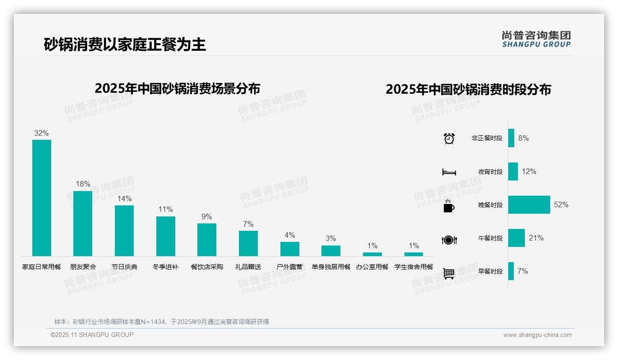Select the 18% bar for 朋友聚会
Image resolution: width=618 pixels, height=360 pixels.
(83, 223)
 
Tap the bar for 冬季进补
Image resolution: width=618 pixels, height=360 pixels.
(166, 236)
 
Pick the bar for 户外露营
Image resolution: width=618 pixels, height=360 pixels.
(290, 249)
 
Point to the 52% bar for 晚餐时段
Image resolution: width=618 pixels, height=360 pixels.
(529, 204)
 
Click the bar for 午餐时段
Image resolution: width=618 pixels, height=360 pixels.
(517, 238)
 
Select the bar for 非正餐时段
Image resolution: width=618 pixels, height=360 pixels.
(511, 138)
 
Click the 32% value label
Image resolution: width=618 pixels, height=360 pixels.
(42, 133)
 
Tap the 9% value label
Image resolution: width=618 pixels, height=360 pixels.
(207, 216)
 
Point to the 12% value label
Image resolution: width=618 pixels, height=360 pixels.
(529, 171)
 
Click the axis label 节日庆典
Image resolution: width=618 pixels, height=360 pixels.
(125, 267)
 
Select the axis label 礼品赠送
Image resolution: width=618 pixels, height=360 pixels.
(248, 267)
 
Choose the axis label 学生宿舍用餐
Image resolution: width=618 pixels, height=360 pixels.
(414, 267)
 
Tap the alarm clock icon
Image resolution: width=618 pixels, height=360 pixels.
(449, 138)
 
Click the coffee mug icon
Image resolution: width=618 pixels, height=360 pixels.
(449, 206)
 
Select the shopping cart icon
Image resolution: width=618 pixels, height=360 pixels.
(449, 273)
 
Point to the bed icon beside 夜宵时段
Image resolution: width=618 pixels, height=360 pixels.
(449, 172)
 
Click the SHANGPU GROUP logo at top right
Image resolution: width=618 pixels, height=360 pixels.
(536, 39)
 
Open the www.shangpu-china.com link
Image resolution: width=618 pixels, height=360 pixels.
(537, 335)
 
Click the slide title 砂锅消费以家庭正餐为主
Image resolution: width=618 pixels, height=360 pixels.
(125, 44)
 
